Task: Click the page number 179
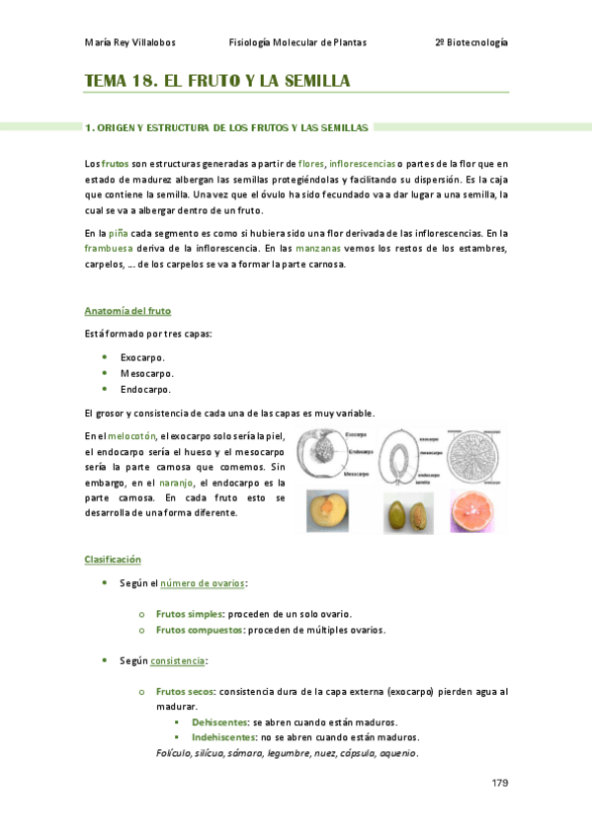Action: coord(499,783)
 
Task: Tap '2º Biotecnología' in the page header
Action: coord(470,43)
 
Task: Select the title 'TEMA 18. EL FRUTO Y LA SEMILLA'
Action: coord(217,81)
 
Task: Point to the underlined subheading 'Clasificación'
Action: coord(113,560)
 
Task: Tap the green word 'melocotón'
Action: coord(131,435)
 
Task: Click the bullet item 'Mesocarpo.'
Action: coord(147,373)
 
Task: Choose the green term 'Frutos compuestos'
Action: coord(200,630)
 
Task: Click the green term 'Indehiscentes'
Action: coord(222,737)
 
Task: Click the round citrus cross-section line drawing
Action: coord(474,456)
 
